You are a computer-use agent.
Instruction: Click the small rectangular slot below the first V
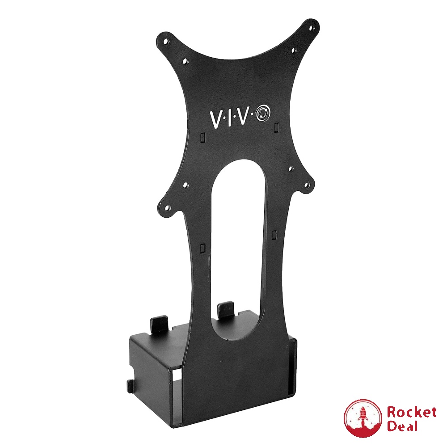(202, 135)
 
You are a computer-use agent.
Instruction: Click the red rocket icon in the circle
(362, 418)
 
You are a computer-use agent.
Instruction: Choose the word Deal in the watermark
(402, 426)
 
